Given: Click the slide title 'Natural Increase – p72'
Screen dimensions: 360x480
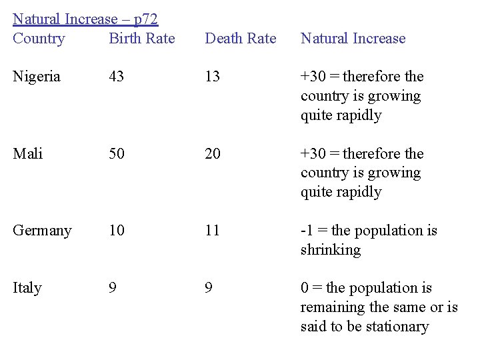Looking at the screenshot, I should coord(85,19).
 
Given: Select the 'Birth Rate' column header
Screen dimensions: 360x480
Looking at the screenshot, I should coord(141,38).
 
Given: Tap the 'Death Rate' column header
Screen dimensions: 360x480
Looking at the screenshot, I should coord(240,38).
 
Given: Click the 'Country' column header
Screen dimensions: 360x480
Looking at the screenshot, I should coord(39,38).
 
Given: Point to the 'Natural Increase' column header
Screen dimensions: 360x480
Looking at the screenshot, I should coord(353,38).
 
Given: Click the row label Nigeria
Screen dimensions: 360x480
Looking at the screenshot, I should coord(37,77).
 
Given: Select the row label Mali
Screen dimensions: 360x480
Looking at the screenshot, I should coord(28,153).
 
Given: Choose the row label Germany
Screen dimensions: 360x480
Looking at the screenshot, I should coord(42,231).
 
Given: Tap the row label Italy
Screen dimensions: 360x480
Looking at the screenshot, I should coord(27,288).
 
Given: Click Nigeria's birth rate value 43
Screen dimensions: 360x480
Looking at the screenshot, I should coord(116,77).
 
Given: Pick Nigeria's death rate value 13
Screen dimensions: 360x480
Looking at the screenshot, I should coord(212,77).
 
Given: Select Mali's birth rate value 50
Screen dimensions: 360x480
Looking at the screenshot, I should coord(116,153).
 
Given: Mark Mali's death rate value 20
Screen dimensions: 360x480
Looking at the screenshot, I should coord(213,153).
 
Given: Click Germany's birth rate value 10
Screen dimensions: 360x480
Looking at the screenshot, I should coord(116,231).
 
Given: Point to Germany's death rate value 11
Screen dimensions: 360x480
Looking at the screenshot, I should coord(212,231).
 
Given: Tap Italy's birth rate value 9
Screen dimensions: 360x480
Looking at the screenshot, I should coord(113,288).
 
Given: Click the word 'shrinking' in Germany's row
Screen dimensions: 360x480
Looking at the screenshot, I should coord(331,250).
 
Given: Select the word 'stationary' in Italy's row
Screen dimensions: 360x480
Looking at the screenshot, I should coord(396,327).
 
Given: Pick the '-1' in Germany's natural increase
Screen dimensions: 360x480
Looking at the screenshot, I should coord(307,231).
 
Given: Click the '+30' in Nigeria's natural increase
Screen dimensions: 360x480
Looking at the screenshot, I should coord(313,77).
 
